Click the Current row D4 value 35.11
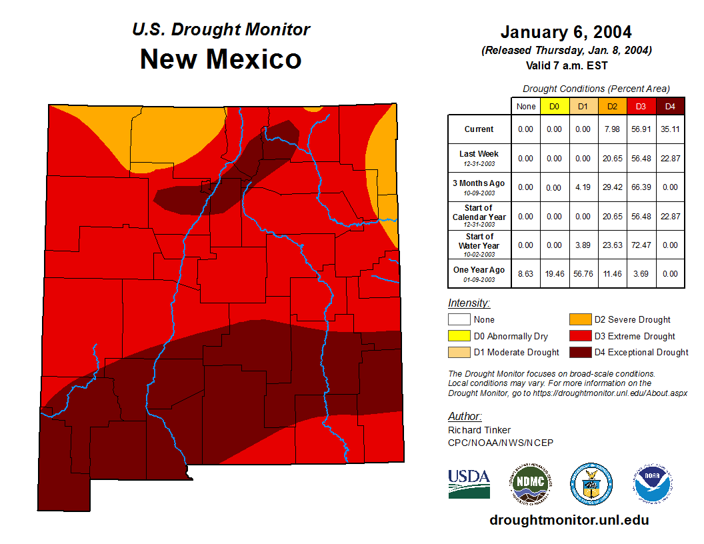coord(669,129)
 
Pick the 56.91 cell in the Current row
coord(641,129)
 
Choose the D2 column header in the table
coord(612,107)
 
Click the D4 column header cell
coord(669,107)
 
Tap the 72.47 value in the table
coord(641,245)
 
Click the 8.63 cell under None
coord(525,273)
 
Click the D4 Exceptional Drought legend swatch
coord(580,352)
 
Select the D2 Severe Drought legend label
coord(632,320)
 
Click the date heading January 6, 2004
coord(565,32)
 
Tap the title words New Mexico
coord(221,59)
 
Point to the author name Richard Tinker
coord(479,430)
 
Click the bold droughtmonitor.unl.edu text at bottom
coord(569,520)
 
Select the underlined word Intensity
coord(469,303)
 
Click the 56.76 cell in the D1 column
coord(583,273)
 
